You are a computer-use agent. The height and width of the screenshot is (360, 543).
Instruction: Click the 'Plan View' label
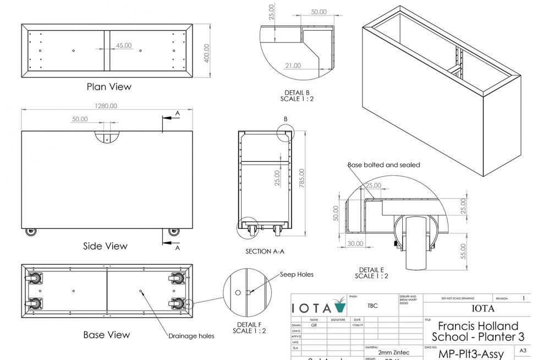pos(109,86)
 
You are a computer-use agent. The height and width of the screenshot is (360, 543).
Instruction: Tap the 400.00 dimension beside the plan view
pos(207,53)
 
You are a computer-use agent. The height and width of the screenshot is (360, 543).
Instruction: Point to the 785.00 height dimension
pos(301,178)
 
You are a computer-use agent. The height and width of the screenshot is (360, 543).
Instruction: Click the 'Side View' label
pos(105,246)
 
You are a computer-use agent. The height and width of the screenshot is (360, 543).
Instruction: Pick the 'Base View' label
pos(107,335)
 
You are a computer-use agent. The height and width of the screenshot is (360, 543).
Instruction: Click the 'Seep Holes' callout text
pos(297,274)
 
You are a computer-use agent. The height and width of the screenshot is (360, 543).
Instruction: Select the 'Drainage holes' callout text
pos(191,336)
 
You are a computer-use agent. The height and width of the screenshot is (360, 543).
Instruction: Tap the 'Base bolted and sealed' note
pos(383,165)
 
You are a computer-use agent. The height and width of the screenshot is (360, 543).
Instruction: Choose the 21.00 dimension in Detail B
pos(293,66)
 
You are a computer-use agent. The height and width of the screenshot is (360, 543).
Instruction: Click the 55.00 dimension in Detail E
pos(463,251)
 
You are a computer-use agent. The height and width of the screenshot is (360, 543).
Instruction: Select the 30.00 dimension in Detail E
pos(355,244)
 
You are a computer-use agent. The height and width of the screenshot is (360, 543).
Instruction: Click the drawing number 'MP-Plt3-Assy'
pos(470,354)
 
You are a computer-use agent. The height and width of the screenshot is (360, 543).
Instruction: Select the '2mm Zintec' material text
pos(393,352)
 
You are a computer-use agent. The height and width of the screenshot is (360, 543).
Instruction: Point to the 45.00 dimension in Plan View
pos(123,46)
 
